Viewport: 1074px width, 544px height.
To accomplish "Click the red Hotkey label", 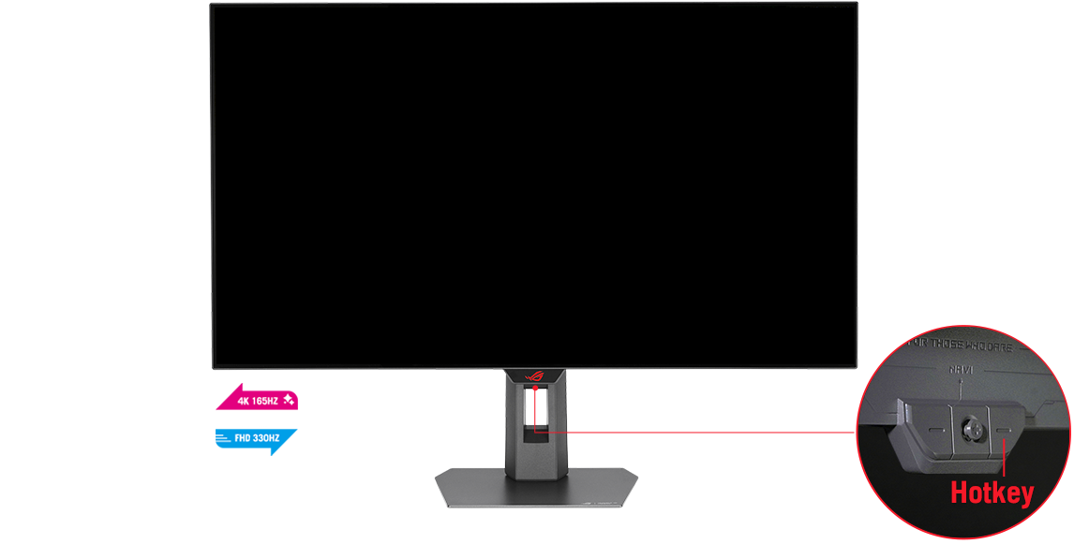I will click(992, 493).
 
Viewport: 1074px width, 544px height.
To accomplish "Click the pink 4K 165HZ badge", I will click(258, 401).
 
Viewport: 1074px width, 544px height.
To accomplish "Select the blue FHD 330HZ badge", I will click(258, 437).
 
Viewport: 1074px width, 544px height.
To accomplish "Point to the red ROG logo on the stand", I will click(535, 375).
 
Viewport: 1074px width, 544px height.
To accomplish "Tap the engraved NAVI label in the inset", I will click(961, 371).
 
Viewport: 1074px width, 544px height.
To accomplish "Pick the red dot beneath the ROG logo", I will click(535, 386).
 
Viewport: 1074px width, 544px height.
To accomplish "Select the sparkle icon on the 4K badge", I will click(289, 401).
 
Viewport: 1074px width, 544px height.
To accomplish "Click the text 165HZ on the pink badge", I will click(266, 402).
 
